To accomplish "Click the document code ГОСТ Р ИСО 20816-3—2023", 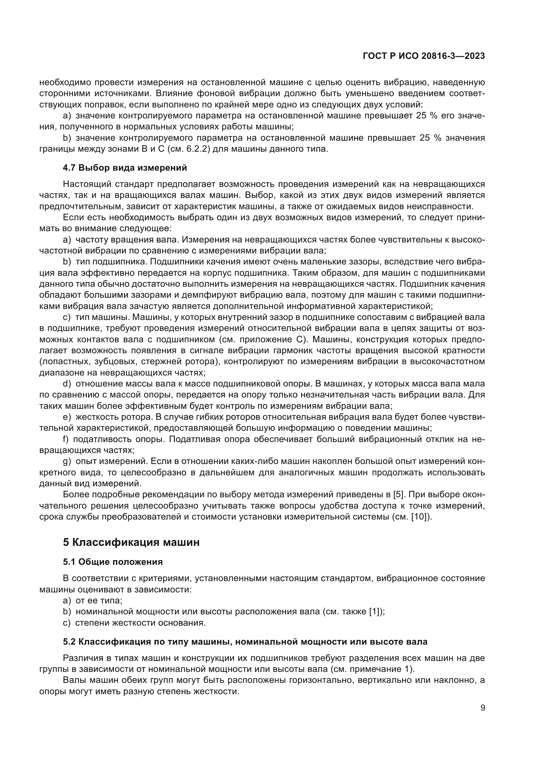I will click(x=424, y=56).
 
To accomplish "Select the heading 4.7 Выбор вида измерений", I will click(x=125, y=168).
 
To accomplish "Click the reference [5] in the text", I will click(x=399, y=495).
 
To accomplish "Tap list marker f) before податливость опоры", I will click(x=66, y=439).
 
